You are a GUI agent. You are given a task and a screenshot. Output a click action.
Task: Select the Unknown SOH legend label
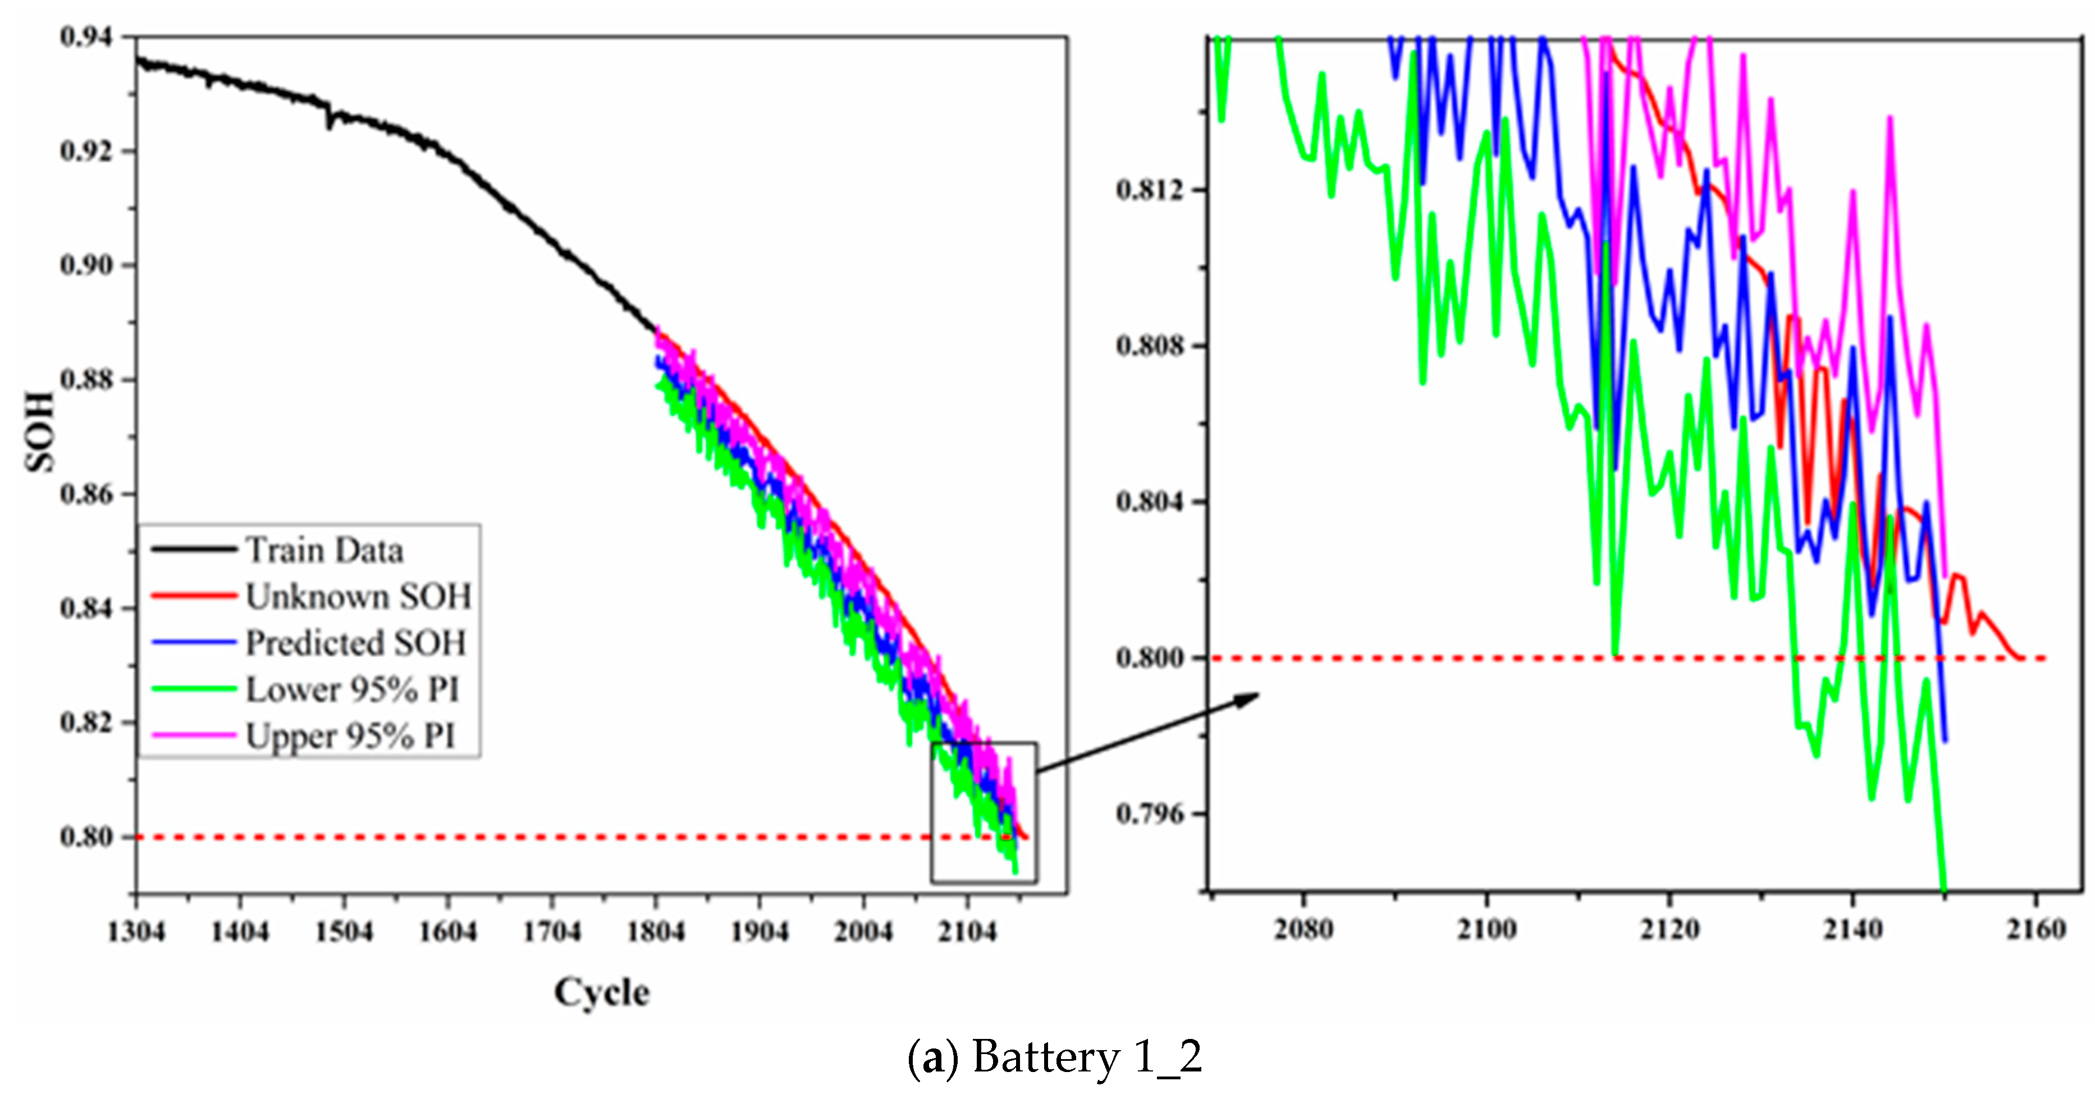(x=358, y=597)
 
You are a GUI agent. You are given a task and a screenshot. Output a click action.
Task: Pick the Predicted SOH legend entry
(x=355, y=643)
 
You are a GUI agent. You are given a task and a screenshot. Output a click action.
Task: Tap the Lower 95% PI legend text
(x=352, y=689)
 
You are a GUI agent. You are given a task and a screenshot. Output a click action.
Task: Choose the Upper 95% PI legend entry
(x=350, y=736)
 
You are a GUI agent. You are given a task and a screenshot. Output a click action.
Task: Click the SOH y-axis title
(x=39, y=432)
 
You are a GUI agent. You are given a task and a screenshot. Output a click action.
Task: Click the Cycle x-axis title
(x=602, y=992)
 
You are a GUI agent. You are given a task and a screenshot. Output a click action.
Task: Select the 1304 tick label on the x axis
(x=136, y=932)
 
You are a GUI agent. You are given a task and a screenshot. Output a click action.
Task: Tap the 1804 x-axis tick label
(x=656, y=932)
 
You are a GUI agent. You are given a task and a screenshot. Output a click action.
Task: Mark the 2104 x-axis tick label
(x=967, y=932)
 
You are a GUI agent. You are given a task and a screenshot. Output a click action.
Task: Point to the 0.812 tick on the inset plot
(x=1150, y=190)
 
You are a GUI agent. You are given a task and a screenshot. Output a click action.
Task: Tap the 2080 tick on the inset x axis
(x=1303, y=929)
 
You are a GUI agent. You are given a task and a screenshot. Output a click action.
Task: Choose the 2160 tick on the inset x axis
(x=2035, y=929)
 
